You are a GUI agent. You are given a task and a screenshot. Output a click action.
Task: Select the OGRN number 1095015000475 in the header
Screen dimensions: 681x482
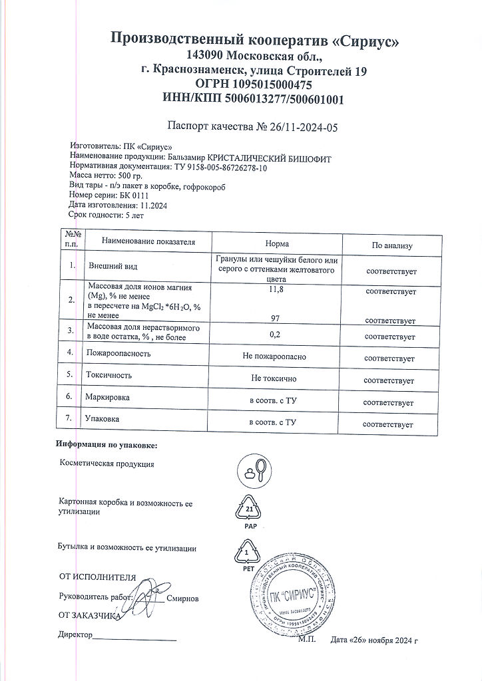[273, 85]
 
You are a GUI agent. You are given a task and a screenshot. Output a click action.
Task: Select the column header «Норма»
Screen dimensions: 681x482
[276, 244]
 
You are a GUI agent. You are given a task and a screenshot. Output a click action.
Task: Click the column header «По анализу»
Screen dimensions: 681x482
[391, 245]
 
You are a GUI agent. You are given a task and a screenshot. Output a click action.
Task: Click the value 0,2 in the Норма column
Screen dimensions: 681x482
[275, 337]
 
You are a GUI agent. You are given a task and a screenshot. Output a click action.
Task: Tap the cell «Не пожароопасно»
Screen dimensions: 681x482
[275, 357]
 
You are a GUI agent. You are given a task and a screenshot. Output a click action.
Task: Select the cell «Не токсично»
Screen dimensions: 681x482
[274, 378]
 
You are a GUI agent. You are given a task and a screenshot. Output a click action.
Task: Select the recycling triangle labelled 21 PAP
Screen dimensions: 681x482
[250, 510]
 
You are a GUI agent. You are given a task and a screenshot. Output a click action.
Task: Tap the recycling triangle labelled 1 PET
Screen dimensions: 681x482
[248, 553]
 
